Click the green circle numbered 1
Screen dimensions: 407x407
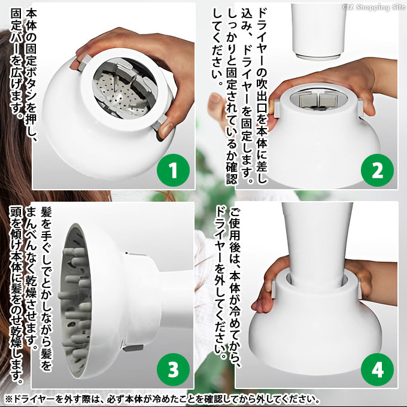click(173, 170)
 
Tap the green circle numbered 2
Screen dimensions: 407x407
click(377, 170)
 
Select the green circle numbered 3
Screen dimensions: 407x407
click(173, 369)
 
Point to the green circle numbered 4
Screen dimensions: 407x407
click(377, 369)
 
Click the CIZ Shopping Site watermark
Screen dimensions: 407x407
click(373, 7)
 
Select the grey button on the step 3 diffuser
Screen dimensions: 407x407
click(133, 348)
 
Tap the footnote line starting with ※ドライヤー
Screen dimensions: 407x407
click(162, 399)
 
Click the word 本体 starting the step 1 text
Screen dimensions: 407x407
click(31, 19)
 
